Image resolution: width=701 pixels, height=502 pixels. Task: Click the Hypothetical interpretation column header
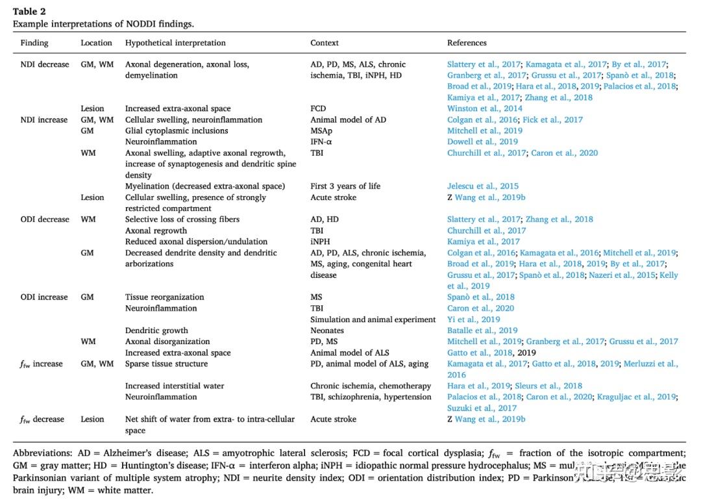point(175,43)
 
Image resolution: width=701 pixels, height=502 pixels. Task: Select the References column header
point(467,43)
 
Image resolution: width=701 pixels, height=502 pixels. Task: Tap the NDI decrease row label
point(44,64)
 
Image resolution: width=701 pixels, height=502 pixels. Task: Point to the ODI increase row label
point(44,297)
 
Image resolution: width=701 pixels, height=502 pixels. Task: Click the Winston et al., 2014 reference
point(484,108)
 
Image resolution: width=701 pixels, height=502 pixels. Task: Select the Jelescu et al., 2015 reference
point(484,186)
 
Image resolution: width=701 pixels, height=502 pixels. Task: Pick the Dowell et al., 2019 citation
point(482,142)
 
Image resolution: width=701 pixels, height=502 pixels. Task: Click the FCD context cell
point(318,108)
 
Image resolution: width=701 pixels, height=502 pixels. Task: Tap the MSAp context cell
point(323,131)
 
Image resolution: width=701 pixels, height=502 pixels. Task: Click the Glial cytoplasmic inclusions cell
point(177,131)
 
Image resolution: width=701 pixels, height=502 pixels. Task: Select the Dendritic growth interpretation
point(156,331)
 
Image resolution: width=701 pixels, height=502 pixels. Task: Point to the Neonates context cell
point(327,331)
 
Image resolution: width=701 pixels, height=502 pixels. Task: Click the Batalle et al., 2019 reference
point(482,331)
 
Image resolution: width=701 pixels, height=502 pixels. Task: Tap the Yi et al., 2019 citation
point(473,320)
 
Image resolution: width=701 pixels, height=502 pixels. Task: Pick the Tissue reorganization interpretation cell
point(164,297)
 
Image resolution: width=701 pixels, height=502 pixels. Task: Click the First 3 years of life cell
point(345,186)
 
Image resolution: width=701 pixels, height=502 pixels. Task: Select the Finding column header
point(34,43)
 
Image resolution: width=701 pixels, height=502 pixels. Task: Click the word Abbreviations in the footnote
point(40,453)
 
